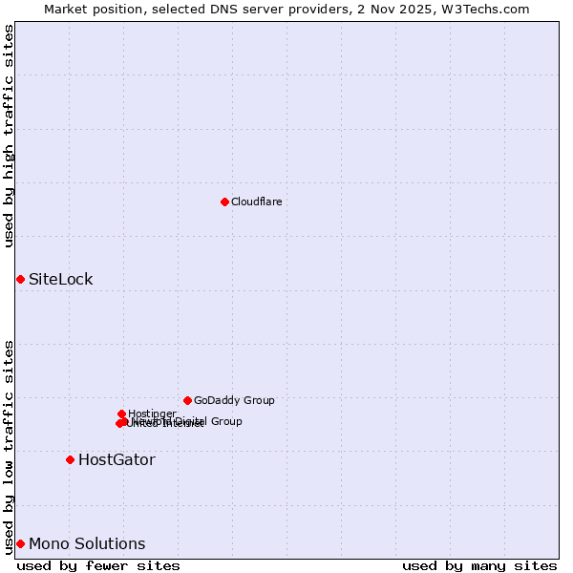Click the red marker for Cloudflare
(x=224, y=202)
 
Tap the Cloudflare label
(x=256, y=202)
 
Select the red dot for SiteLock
(x=20, y=279)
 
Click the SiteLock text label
(x=60, y=279)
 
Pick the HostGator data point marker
(x=70, y=459)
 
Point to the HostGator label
(x=117, y=459)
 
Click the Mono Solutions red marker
(x=20, y=543)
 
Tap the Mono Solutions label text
(x=87, y=543)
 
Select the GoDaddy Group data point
(x=187, y=400)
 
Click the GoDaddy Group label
(x=234, y=400)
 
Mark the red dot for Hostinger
(x=121, y=414)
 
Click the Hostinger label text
(x=152, y=414)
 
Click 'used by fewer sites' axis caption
(x=98, y=565)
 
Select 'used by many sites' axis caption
(x=479, y=565)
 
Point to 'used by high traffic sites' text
(x=9, y=136)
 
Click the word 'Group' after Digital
(x=226, y=421)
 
